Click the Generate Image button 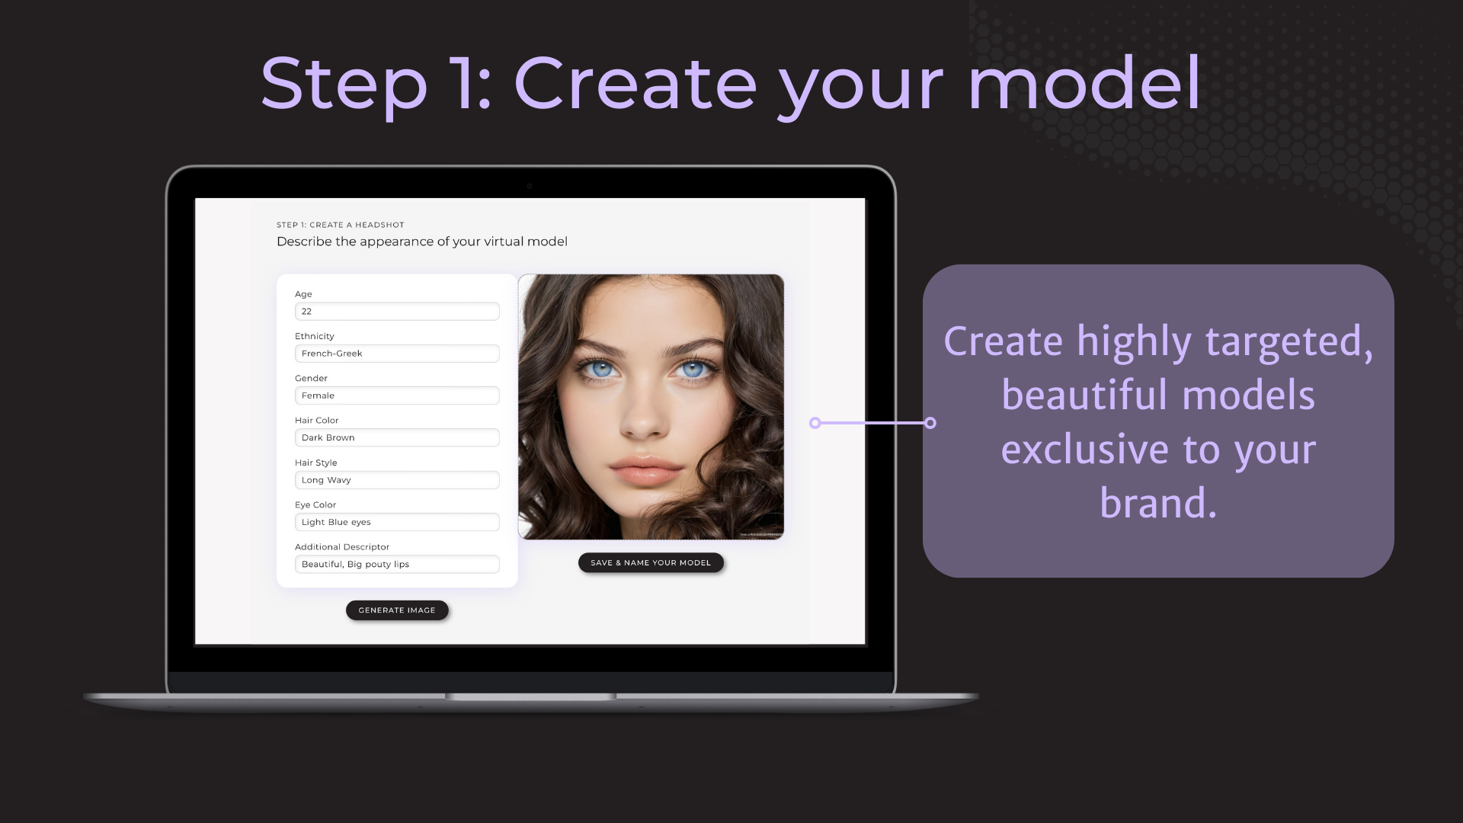[397, 610]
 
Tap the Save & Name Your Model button [651, 563]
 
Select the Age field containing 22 [397, 312]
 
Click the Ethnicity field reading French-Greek [397, 354]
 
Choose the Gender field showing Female [397, 395]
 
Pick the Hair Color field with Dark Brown [397, 437]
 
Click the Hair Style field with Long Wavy [397, 480]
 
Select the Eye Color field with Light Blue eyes [397, 522]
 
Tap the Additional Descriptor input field [397, 564]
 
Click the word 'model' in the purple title [1085, 83]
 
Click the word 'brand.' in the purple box [1158, 503]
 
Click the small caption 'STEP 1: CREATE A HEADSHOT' [341, 225]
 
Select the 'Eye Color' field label [315, 505]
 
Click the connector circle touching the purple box [930, 423]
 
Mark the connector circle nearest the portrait [815, 423]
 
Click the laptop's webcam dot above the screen [530, 186]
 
